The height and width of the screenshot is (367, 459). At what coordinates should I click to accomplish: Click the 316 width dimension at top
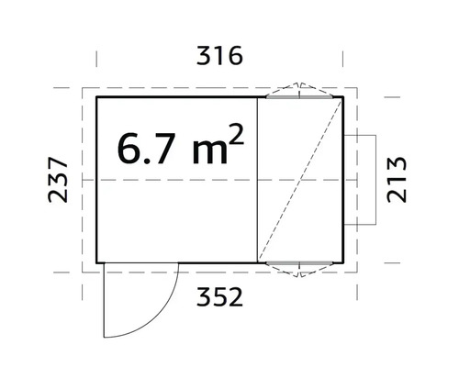coord(218,56)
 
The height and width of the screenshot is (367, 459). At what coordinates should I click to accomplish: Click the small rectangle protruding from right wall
coord(362,180)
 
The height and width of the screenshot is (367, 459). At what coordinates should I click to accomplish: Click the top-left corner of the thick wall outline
coord(97,95)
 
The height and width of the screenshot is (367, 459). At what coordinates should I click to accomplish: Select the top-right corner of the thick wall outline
coord(343,95)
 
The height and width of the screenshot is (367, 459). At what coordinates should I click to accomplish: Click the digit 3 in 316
coord(203,56)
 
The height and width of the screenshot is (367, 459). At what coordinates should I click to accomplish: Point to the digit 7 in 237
coord(58,162)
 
